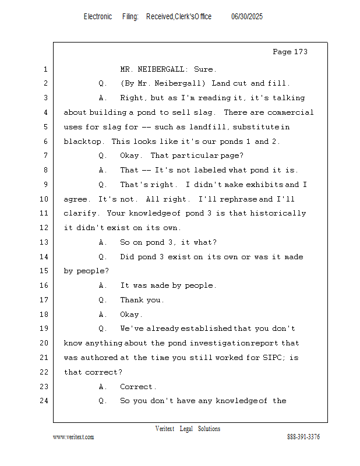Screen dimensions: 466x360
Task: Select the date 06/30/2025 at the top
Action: pos(247,17)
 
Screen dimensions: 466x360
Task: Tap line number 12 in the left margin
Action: pos(44,228)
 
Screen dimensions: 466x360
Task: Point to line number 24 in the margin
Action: pos(44,401)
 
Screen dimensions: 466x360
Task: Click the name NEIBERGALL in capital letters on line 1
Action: pos(163,69)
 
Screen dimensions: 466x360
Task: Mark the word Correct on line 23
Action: pos(137,387)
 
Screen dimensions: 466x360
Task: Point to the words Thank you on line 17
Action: pos(142,300)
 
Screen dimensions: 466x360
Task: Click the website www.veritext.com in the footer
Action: pos(73,437)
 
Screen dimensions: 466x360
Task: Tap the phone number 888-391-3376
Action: pos(303,437)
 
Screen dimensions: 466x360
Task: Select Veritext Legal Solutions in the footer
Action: pos(188,429)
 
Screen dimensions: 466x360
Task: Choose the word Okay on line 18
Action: pos(130,315)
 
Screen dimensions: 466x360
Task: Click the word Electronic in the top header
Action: pos(98,17)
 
